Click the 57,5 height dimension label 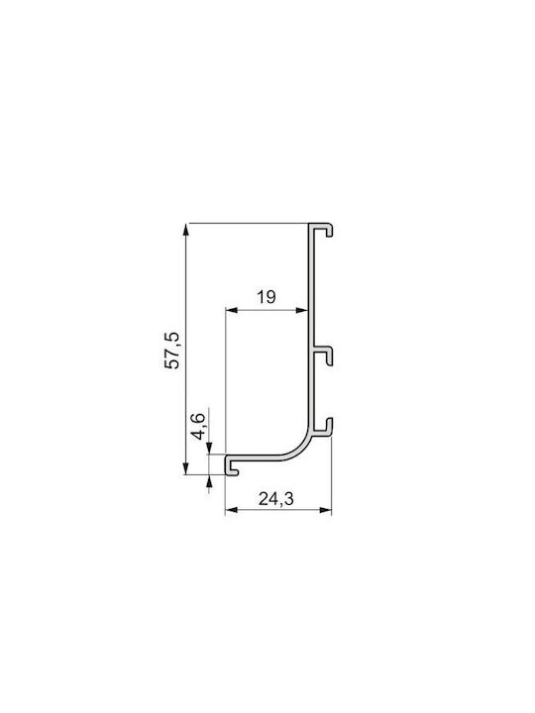click(173, 351)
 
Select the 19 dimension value click(267, 297)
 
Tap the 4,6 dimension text click(199, 427)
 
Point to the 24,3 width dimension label click(276, 499)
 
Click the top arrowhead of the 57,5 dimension click(185, 229)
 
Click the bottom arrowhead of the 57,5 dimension click(185, 468)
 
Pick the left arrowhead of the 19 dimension click(232, 311)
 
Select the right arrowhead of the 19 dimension click(302, 311)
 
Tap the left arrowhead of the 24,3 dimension click(232, 510)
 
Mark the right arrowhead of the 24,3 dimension click(326, 510)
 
